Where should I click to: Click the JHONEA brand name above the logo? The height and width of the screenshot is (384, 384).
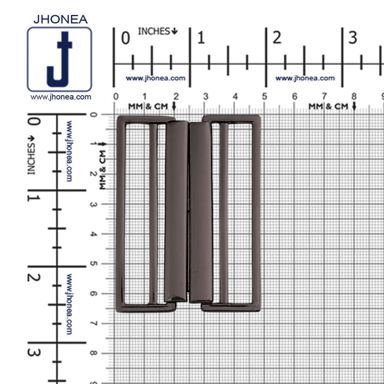pyautogui.click(x=60, y=19)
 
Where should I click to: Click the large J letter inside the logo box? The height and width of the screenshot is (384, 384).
pyautogui.click(x=60, y=59)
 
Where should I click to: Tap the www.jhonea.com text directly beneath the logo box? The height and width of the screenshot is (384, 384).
pyautogui.click(x=61, y=97)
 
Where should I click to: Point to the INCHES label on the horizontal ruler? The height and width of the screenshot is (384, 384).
pyautogui.click(x=158, y=31)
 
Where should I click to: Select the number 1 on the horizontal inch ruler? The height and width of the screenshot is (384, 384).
pyautogui.click(x=201, y=38)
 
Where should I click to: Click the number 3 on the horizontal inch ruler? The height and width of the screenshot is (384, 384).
pyautogui.click(x=353, y=38)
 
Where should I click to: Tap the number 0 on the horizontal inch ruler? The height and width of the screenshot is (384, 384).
pyautogui.click(x=126, y=38)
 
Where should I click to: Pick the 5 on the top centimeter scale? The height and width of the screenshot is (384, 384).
pyautogui.click(x=265, y=97)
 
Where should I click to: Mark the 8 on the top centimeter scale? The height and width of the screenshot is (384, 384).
pyautogui.click(x=354, y=97)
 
